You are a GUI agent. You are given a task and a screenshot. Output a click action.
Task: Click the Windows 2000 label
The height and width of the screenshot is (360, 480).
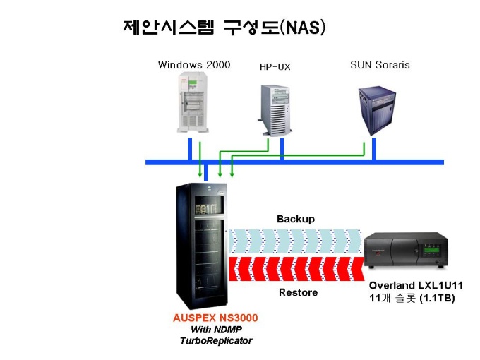click(x=194, y=65)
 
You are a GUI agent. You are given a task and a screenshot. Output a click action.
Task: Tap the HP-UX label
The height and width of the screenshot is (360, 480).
click(x=275, y=67)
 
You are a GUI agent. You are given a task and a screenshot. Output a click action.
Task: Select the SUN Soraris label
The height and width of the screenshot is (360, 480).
click(x=380, y=65)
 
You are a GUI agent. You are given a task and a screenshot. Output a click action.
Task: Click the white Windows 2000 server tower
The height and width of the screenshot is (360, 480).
click(x=193, y=102)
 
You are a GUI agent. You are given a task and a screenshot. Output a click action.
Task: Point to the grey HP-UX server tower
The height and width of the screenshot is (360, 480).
click(x=275, y=111)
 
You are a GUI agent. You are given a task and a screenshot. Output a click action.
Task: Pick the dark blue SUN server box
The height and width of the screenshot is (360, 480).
click(x=377, y=111)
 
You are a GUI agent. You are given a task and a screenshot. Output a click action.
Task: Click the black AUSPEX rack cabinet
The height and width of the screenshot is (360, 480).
click(x=202, y=246)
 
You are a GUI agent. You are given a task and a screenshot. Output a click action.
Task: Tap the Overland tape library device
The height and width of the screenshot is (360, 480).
click(x=406, y=250)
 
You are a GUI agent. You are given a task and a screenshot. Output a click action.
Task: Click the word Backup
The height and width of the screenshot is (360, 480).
click(x=296, y=220)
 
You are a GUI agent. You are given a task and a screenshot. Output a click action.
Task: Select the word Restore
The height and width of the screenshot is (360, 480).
click(x=298, y=292)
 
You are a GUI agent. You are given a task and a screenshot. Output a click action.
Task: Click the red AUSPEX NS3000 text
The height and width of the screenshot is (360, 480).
click(x=215, y=318)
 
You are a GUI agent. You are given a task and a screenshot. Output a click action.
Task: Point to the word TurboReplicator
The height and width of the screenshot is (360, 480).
click(x=216, y=340)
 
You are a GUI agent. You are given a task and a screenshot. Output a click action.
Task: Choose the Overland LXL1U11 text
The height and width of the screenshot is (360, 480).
click(x=416, y=285)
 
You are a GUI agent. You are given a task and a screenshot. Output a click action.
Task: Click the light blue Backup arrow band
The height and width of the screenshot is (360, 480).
click(x=296, y=241)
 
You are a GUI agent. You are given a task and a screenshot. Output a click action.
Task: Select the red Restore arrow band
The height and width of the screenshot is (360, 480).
click(x=296, y=269)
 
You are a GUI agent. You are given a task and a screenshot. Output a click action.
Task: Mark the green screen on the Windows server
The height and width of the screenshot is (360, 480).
click(x=193, y=83)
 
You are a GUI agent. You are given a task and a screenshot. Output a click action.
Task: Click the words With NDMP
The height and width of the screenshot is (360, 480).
click(x=216, y=330)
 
